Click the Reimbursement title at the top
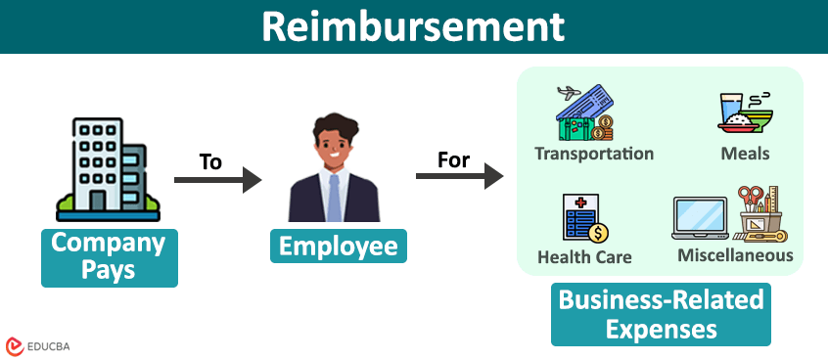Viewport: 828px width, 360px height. pos(414,26)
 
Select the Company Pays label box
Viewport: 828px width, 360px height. pos(109,257)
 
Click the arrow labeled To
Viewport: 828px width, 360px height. pos(218,180)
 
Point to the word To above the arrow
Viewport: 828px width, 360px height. pos(210,160)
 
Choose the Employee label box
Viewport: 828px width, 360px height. pos(338,246)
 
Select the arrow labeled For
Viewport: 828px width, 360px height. pos(459,177)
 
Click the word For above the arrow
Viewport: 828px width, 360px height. pos(453,158)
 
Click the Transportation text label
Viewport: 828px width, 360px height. pos(593,154)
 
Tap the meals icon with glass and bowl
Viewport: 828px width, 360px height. pos(745,112)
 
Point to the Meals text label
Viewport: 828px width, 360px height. pos(745,154)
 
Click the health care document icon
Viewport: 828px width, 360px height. pos(584,218)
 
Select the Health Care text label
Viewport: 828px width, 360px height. pos(584,257)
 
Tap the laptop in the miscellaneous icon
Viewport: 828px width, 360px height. pos(700,218)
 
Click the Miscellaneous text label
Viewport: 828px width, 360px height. pos(735,255)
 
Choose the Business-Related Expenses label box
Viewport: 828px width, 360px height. pos(661,313)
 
